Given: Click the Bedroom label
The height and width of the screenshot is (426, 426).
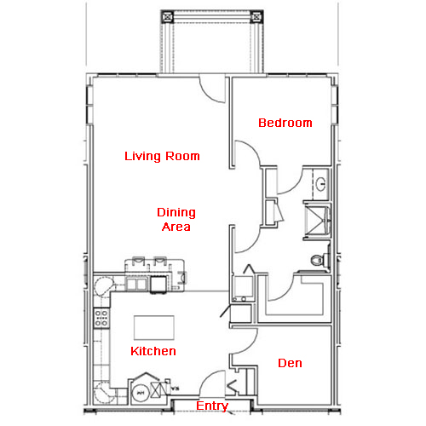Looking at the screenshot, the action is pos(285,123).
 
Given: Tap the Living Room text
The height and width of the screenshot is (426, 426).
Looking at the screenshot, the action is pos(162,156).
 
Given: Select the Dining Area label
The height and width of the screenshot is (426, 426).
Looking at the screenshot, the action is pos(176,220).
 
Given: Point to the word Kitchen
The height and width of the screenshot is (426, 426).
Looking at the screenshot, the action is pos(153,351).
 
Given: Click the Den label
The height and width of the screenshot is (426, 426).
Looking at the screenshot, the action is pos(290,363).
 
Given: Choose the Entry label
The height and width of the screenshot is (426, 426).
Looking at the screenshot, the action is pos(212,406).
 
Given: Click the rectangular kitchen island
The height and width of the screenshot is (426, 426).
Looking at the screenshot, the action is pos(154,327).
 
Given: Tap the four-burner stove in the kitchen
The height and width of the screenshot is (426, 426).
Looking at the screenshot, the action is pos(101,318).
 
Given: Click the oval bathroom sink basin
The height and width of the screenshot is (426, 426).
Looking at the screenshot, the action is pos(320,184).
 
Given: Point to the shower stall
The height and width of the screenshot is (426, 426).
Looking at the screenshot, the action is pos(317,221).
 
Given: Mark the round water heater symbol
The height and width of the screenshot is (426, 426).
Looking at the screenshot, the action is pos(141,393).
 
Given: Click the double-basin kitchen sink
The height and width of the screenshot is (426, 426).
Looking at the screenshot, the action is pos(136,284).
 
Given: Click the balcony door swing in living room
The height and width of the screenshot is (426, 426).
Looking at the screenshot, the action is pos(207,94).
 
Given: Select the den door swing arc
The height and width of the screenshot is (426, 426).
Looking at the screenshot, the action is pos(250,346).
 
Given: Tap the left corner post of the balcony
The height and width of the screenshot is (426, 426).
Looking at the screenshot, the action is pos(167,17).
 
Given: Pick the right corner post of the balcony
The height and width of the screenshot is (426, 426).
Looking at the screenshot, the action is pos(256,17).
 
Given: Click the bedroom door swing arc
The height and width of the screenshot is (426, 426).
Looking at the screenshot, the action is pos(254,147).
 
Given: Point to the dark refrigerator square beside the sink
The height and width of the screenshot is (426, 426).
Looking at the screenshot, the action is pos(158,284).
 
